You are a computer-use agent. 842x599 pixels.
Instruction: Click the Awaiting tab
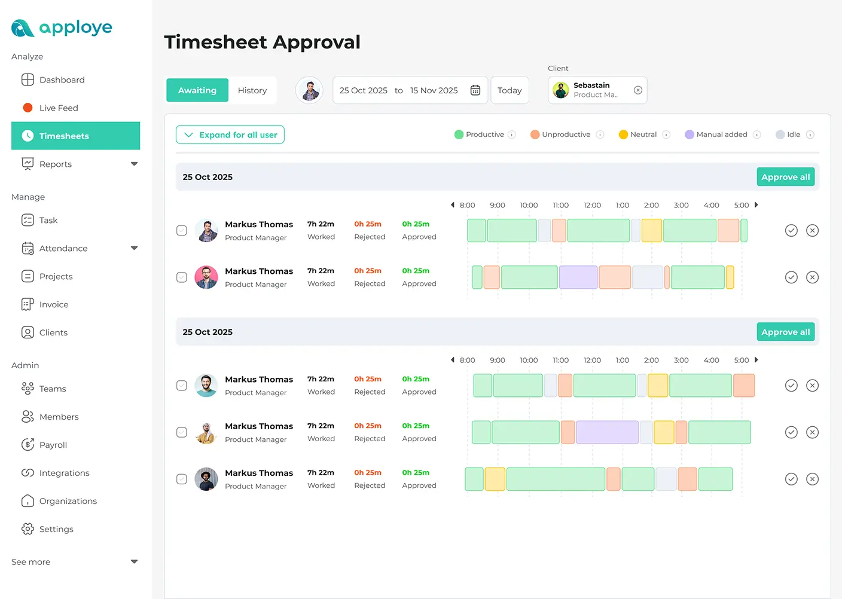click(197, 90)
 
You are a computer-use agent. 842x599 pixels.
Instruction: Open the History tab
click(252, 90)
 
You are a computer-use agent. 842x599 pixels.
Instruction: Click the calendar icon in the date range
click(475, 90)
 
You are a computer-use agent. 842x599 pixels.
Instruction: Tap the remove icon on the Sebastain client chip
click(638, 90)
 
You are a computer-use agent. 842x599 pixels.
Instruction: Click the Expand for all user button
click(230, 135)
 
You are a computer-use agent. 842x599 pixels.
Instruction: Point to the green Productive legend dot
click(459, 135)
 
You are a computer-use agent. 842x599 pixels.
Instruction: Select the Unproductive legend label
click(566, 135)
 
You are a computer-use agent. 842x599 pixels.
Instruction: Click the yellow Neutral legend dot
click(623, 135)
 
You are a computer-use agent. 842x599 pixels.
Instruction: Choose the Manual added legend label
click(721, 135)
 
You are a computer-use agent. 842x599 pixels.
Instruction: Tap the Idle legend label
click(794, 135)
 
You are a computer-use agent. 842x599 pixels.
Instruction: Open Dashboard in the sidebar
click(62, 80)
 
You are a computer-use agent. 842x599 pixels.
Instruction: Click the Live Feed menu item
click(59, 108)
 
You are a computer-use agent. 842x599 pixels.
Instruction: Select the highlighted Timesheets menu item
click(64, 136)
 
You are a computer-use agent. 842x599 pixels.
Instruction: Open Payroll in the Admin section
click(53, 445)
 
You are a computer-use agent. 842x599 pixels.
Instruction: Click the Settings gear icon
click(28, 529)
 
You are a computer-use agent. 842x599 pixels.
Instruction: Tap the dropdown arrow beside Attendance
click(134, 248)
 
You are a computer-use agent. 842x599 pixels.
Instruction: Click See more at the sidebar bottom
click(31, 562)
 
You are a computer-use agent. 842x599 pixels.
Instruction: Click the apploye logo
click(62, 27)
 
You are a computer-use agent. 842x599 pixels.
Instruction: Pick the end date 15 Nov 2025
click(434, 90)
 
